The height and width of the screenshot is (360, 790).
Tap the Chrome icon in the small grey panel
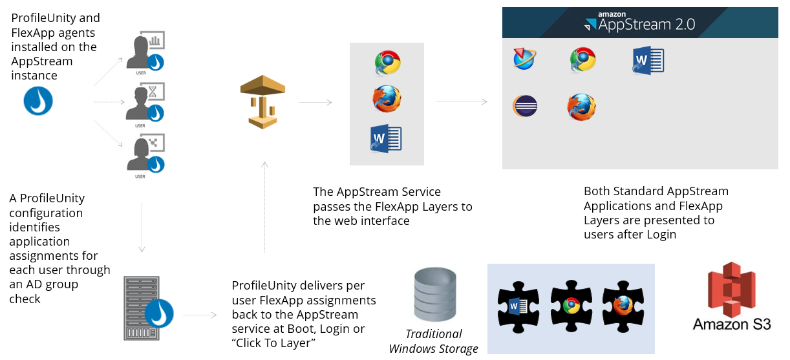(x=387, y=63)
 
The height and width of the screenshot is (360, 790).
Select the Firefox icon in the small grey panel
(x=387, y=100)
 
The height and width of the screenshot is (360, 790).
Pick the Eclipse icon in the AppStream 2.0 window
(x=526, y=105)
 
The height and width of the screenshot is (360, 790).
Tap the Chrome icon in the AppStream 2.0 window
(x=582, y=59)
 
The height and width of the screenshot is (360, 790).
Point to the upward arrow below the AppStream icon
(x=264, y=207)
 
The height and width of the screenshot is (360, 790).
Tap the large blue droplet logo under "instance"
(x=38, y=101)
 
